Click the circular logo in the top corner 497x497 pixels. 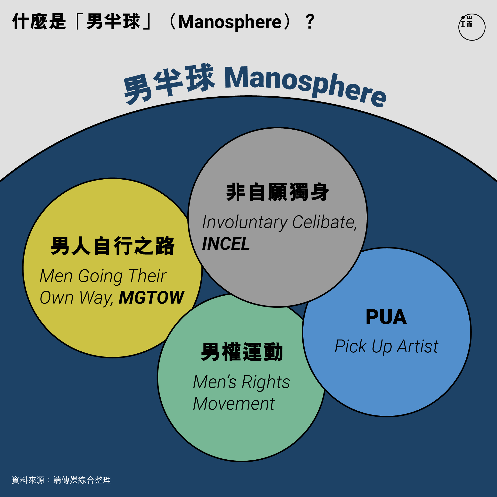[x=472, y=27]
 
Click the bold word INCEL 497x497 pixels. [x=226, y=243]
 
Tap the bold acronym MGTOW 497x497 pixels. [x=151, y=297]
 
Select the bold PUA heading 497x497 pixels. [x=386, y=317]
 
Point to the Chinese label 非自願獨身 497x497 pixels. [x=278, y=192]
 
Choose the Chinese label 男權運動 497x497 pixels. [x=242, y=352]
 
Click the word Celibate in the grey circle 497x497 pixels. [x=325, y=222]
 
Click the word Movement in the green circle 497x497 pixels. [x=234, y=404]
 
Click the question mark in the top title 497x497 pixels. [x=310, y=22]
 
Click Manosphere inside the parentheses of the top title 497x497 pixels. [x=230, y=22]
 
